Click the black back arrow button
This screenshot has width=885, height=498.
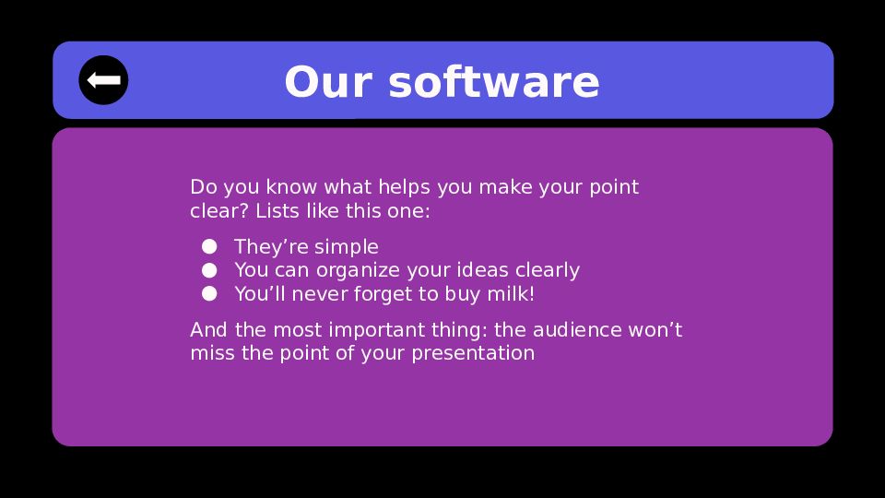point(103,80)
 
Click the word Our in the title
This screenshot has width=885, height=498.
point(328,82)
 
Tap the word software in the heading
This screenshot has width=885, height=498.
point(494,82)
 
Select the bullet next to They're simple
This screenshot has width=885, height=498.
point(209,247)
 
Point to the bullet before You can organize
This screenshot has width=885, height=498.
point(209,270)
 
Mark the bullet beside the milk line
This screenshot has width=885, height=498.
point(209,293)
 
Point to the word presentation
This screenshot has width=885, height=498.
point(473,354)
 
